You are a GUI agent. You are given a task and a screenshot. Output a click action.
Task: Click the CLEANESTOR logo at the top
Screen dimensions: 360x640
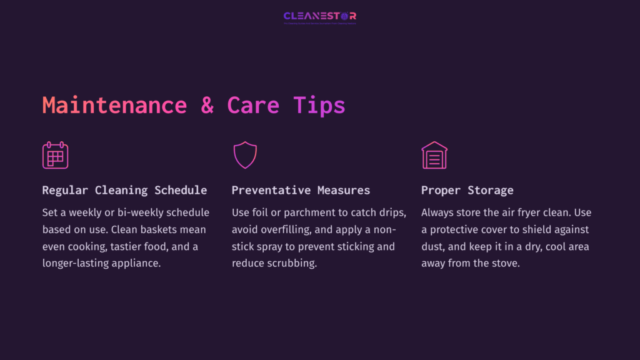[320, 16]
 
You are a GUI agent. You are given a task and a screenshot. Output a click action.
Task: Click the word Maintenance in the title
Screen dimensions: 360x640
[114, 104]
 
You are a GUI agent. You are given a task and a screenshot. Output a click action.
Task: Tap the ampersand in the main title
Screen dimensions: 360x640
[207, 104]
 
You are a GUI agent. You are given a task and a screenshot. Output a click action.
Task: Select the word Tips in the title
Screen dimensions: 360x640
[319, 104]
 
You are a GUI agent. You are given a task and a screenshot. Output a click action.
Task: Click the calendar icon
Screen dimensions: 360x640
[55, 155]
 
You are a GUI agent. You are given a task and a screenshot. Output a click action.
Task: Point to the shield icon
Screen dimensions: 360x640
[245, 155]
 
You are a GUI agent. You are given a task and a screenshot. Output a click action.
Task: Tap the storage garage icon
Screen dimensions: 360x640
[434, 155]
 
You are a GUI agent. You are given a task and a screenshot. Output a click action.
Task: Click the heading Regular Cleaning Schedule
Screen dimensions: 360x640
[124, 190]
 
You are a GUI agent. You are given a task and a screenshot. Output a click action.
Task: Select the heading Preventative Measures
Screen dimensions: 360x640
[301, 190]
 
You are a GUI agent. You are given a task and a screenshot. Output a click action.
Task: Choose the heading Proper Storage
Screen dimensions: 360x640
[467, 190]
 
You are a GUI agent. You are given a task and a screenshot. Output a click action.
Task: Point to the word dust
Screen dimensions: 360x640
[433, 246]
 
